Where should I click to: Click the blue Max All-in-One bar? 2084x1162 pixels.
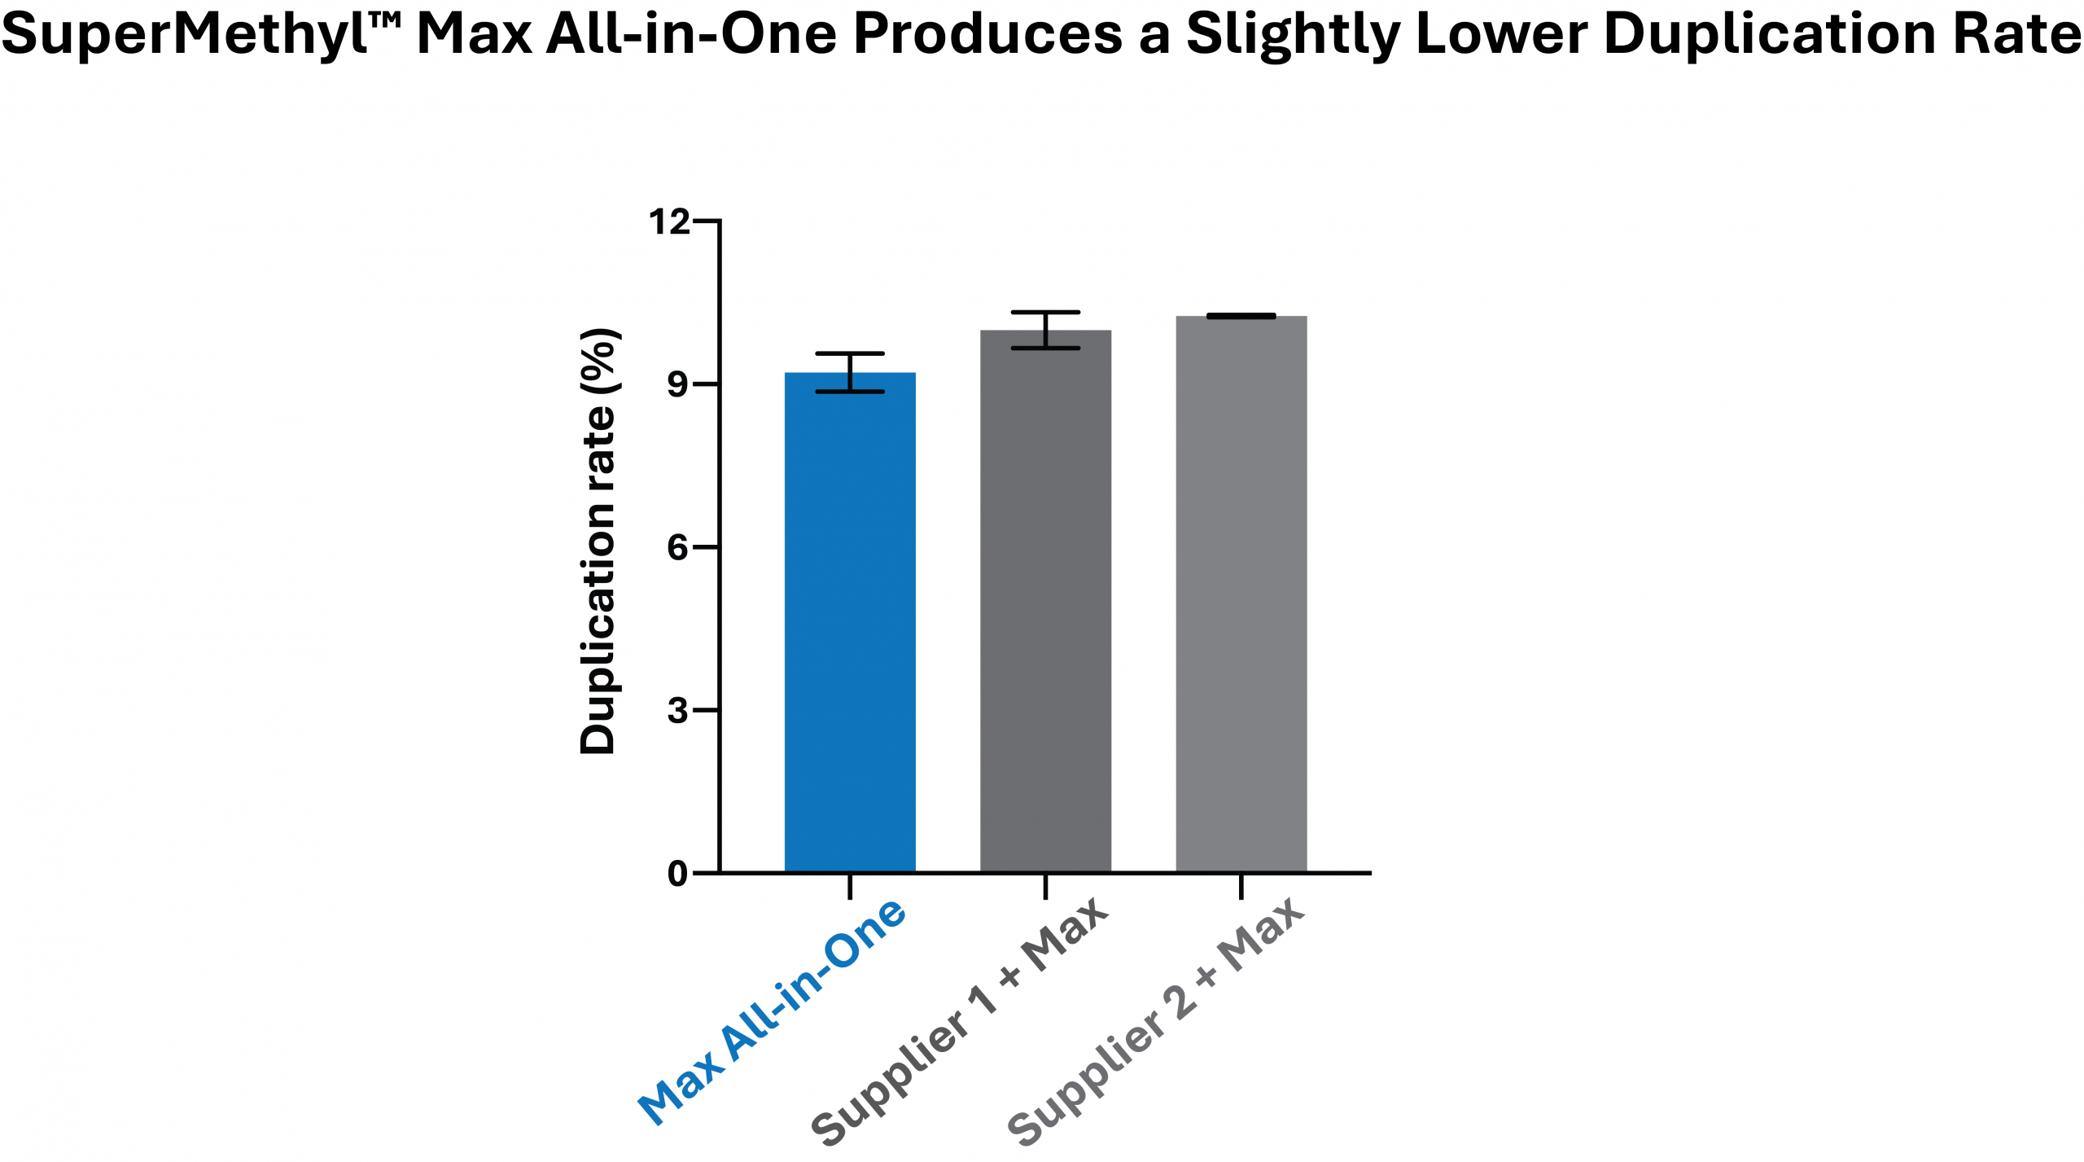coord(850,623)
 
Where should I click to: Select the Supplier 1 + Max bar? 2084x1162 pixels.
coord(1045,603)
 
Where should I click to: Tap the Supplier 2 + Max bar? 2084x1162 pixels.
coord(1241,594)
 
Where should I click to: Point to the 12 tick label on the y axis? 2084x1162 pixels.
coord(668,221)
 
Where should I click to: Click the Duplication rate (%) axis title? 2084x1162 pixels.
coord(598,542)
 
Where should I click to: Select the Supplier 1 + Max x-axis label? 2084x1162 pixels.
coord(961,1022)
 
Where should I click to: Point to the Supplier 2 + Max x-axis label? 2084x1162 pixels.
coord(1156,1022)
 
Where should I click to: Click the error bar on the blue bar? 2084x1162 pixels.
coord(850,372)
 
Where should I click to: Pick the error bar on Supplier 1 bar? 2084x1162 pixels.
coord(1045,330)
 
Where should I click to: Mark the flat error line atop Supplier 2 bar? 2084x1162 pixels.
coord(1241,316)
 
